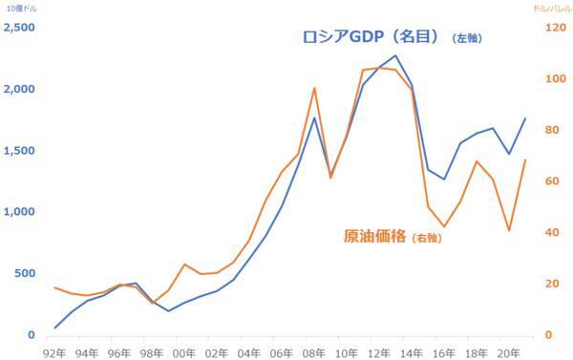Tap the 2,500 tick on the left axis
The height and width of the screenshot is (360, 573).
click(20, 28)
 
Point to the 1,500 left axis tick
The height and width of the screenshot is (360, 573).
click(20, 151)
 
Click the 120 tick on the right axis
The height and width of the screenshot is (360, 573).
click(552, 28)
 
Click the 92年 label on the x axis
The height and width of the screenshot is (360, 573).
click(55, 351)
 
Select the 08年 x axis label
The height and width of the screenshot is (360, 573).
click(314, 351)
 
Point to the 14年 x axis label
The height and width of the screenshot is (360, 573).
click(412, 351)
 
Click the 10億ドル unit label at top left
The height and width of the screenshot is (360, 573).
click(19, 8)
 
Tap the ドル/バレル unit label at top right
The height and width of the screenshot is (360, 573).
click(551, 8)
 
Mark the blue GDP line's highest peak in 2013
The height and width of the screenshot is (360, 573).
click(395, 55)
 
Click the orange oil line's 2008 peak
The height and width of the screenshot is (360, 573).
click(314, 88)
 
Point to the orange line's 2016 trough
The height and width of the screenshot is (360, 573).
click(444, 226)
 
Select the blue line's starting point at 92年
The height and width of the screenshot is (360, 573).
click(55, 328)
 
